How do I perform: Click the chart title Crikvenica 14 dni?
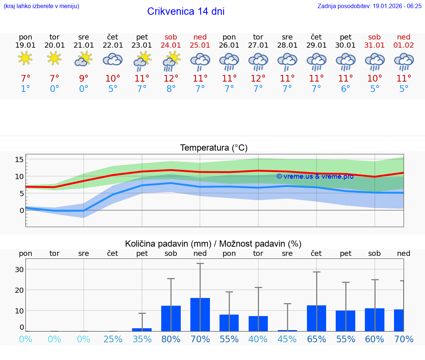click(x=186, y=11)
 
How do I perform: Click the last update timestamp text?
click(x=369, y=6)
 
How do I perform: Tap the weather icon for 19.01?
click(x=25, y=59)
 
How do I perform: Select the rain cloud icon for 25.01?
click(x=200, y=61)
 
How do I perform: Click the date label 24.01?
click(x=171, y=45)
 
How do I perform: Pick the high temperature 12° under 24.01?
click(x=171, y=78)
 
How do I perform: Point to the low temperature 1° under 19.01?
click(x=25, y=89)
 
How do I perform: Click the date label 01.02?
click(x=404, y=45)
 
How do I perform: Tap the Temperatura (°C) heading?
click(x=214, y=148)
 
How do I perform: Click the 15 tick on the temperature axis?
click(x=19, y=160)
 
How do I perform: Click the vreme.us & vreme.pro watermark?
click(x=315, y=176)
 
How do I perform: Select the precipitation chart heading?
click(x=213, y=244)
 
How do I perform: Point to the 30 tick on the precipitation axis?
click(x=19, y=270)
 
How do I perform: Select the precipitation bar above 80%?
click(x=171, y=318)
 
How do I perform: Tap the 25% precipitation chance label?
click(x=113, y=339)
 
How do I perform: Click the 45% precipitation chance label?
click(x=287, y=339)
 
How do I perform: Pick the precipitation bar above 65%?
click(x=317, y=318)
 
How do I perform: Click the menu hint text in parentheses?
click(x=41, y=6)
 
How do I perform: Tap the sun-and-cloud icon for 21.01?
click(x=83, y=59)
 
